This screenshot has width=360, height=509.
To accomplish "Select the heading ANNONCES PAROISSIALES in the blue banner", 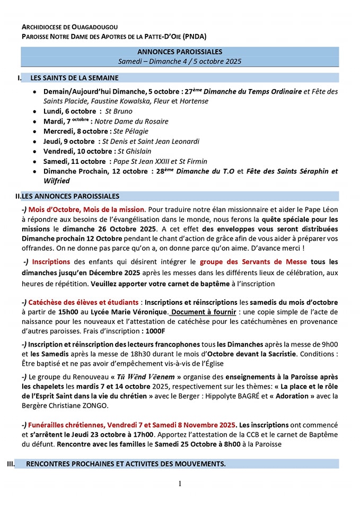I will [x=180, y=52].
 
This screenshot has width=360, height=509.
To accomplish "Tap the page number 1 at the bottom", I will [x=180, y=483].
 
